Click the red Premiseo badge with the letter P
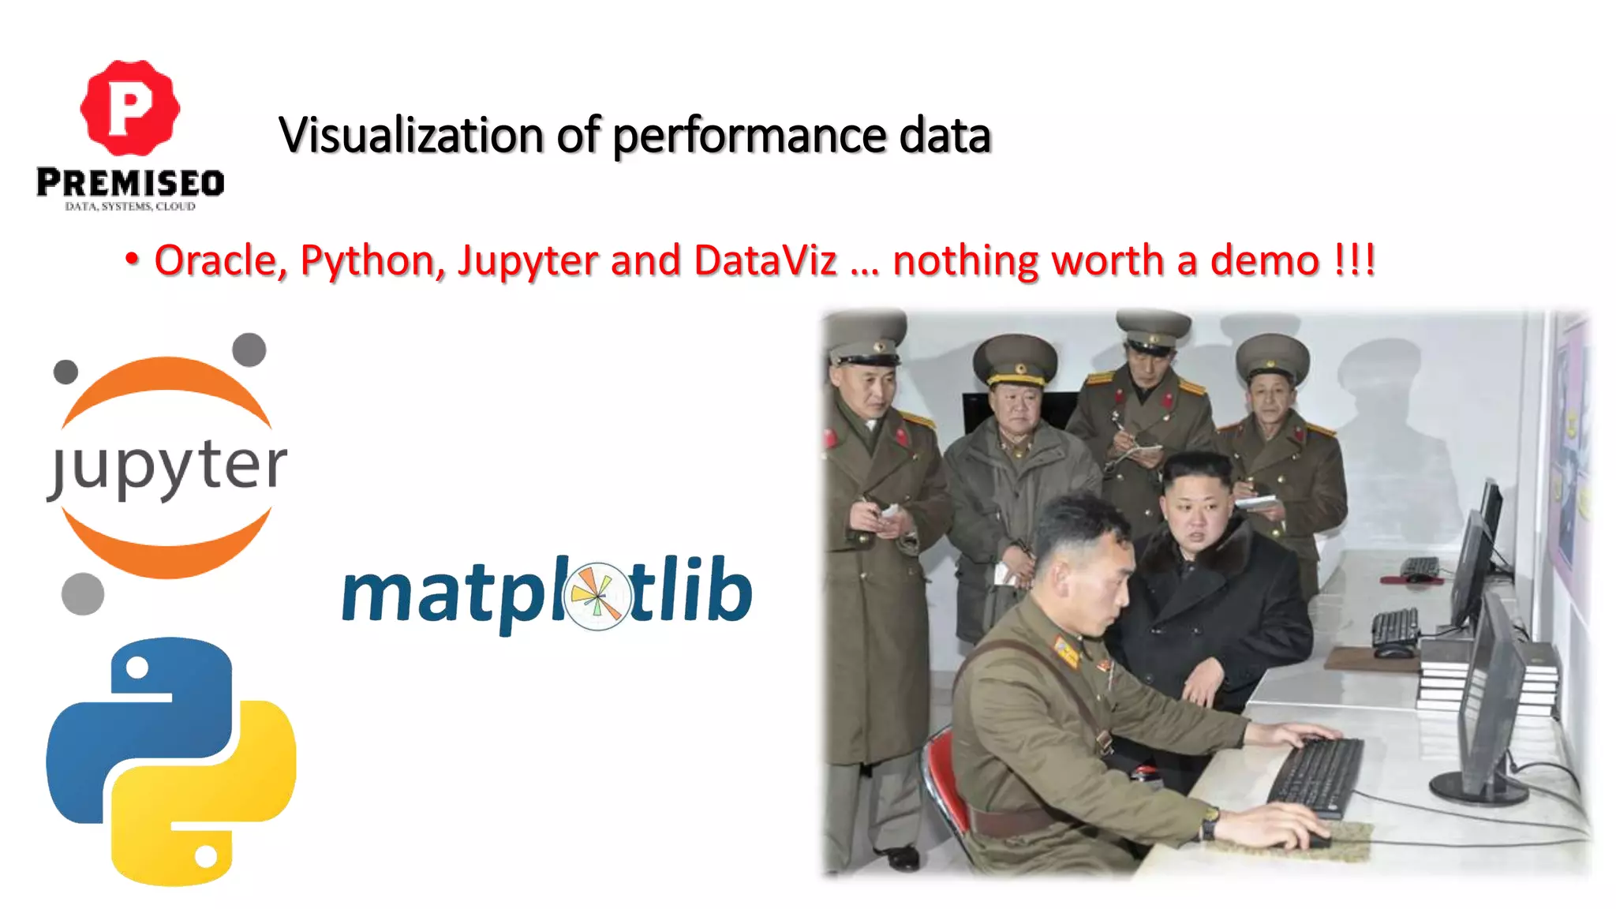pos(130,107)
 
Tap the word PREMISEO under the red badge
pos(130,183)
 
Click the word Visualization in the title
pos(411,135)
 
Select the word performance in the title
pos(749,137)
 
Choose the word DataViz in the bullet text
pos(765,260)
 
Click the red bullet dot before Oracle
pos(132,259)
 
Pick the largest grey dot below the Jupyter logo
pos(83,593)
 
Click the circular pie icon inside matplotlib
pos(597,596)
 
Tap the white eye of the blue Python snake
pos(137,668)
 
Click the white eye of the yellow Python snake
pos(206,855)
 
